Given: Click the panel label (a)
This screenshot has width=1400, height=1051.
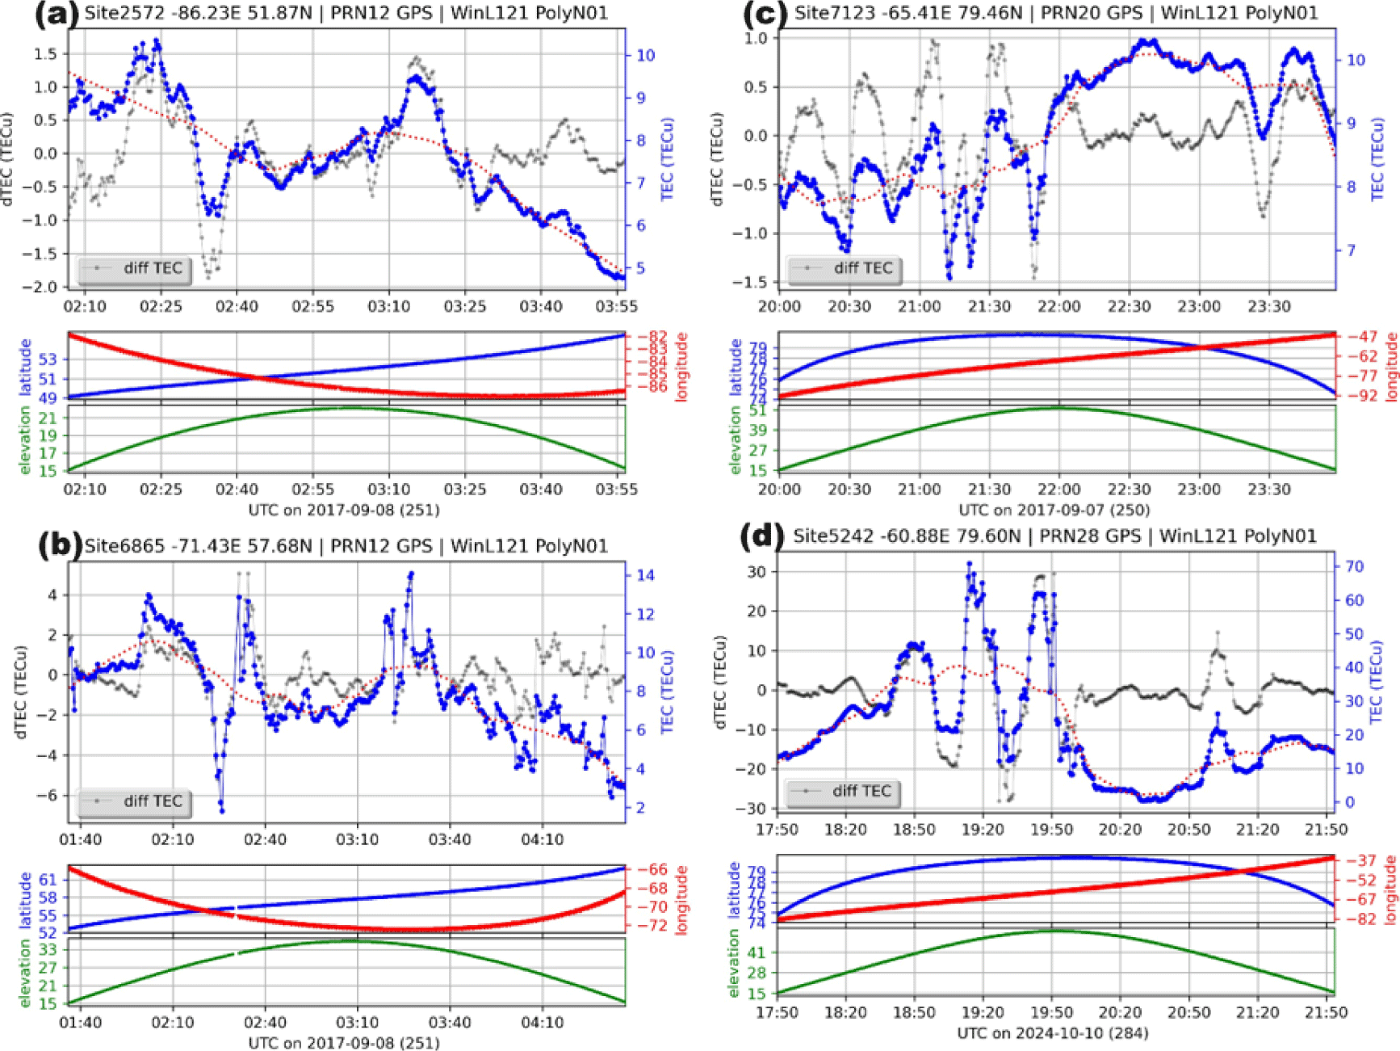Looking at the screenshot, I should pyautogui.click(x=55, y=15).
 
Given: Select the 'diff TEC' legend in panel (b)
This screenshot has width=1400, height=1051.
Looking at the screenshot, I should pyautogui.click(x=135, y=801).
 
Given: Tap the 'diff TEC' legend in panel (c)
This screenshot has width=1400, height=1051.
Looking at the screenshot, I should pyautogui.click(x=845, y=268).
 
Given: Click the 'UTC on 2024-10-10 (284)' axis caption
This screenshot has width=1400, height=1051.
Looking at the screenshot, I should pyautogui.click(x=1052, y=1033).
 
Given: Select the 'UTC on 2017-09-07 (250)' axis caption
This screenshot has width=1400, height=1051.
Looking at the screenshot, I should pyautogui.click(x=1054, y=510).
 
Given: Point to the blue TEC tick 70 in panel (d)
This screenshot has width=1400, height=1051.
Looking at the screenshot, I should pyautogui.click(x=1354, y=567).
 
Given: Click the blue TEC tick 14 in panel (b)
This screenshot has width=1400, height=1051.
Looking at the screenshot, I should pyautogui.click(x=645, y=576).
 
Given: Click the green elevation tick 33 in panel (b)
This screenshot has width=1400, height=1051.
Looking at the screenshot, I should pyautogui.click(x=48, y=950).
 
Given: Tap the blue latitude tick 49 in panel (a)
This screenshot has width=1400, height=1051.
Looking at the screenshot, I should pyautogui.click(x=48, y=398).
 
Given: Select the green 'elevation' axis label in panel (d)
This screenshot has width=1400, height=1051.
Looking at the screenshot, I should pyautogui.click(x=734, y=963).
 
